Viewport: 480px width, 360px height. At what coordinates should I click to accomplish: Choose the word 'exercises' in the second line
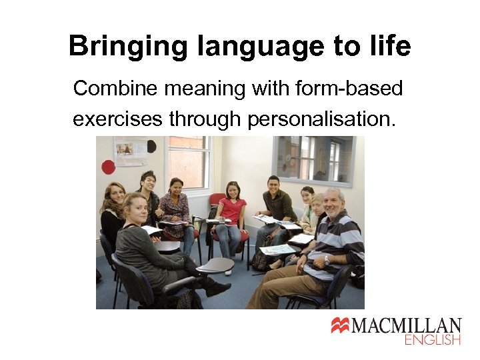click(117, 119)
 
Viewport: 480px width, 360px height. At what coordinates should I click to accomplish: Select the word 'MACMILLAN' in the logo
click(406, 326)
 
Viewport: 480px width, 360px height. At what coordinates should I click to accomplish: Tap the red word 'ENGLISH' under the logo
click(433, 340)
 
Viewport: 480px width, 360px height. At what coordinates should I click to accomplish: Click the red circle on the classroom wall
click(108, 167)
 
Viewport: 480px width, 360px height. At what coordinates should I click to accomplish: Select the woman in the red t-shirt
click(232, 213)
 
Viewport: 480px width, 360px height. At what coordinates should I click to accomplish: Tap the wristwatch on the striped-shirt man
click(326, 259)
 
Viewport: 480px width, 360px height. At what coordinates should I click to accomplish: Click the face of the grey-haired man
click(333, 201)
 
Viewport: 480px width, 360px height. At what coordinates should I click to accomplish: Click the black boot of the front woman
click(217, 287)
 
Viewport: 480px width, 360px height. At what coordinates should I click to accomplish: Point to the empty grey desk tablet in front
click(215, 265)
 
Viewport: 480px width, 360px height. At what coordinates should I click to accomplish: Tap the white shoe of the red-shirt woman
click(228, 271)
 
